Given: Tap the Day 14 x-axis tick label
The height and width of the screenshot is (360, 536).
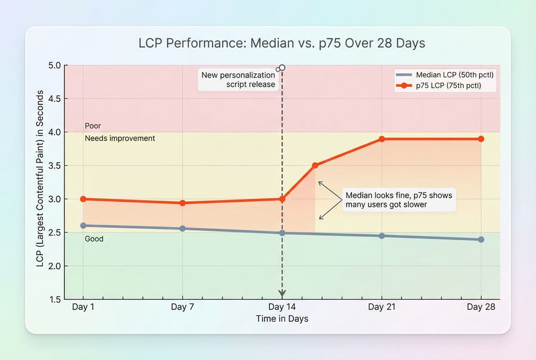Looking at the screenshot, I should (282, 307).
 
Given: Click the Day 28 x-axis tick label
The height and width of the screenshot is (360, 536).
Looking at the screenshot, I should (481, 307).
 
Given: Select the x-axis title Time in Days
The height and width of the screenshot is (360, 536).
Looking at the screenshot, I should (282, 319).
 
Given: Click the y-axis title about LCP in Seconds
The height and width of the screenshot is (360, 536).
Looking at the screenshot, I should (40, 179).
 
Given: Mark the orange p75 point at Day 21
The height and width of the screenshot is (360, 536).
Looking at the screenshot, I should (382, 139).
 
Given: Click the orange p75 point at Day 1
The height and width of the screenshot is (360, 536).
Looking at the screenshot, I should (83, 199).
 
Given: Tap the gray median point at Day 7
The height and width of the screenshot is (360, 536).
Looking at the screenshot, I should (182, 228).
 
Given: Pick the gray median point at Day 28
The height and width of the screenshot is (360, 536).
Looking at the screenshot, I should (481, 240).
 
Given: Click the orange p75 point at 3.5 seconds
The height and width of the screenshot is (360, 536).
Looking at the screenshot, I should (315, 165).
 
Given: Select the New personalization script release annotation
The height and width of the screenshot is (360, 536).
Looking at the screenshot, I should (238, 80).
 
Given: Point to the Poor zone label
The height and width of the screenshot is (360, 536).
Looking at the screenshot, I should (93, 126).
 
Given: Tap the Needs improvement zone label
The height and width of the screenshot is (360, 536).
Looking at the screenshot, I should (120, 138).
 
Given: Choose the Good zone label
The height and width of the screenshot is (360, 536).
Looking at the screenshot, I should (94, 239).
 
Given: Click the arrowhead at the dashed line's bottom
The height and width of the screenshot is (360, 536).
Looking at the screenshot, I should (282, 294).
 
